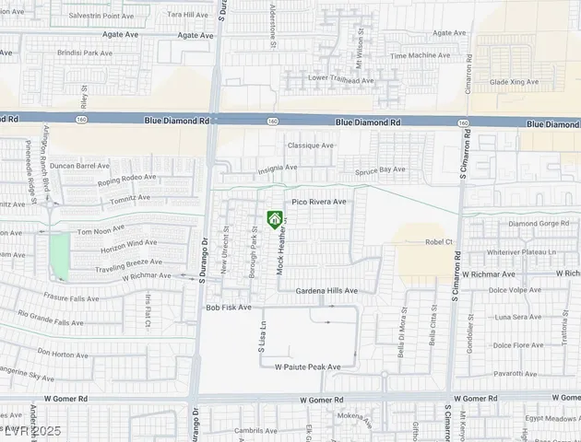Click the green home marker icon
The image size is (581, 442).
(x=274, y=218)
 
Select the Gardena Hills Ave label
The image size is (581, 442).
(x=326, y=291)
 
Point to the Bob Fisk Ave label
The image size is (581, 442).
(x=228, y=308)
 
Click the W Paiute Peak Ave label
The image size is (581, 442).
(x=307, y=366)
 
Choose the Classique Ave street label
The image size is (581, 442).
(x=311, y=145)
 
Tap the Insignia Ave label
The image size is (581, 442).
(x=277, y=169)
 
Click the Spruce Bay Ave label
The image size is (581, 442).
(x=381, y=170)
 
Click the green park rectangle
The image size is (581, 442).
(x=59, y=256)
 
